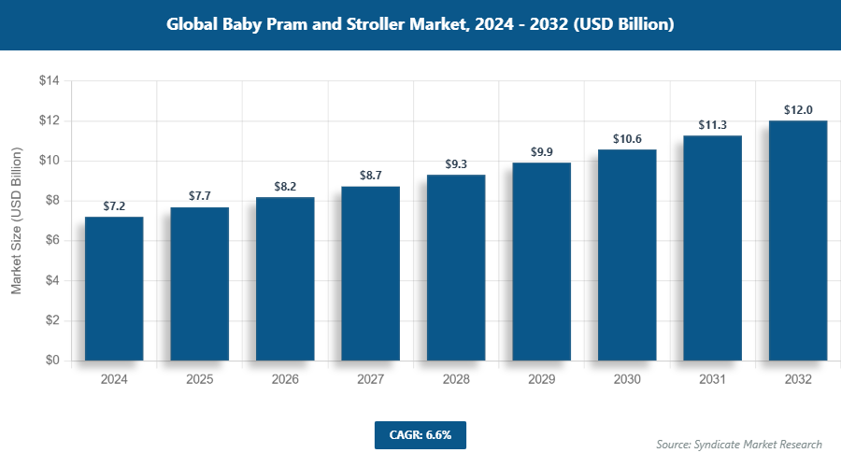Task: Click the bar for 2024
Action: [x=114, y=289]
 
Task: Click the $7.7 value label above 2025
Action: [x=200, y=196]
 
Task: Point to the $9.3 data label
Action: [x=456, y=164]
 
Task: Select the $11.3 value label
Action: [x=713, y=125]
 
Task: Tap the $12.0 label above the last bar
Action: [x=798, y=110]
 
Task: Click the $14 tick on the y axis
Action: [x=49, y=81]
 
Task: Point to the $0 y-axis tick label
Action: [x=52, y=361]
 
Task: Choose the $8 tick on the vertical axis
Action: [x=52, y=201]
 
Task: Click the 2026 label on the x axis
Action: [x=285, y=380]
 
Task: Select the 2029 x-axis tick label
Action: [x=542, y=380]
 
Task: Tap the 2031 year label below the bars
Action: [x=713, y=380]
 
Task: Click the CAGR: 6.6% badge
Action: [x=420, y=435]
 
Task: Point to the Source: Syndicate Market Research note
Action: [x=739, y=444]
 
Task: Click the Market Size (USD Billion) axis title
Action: [x=16, y=221]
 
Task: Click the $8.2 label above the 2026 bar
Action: [x=285, y=187]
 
